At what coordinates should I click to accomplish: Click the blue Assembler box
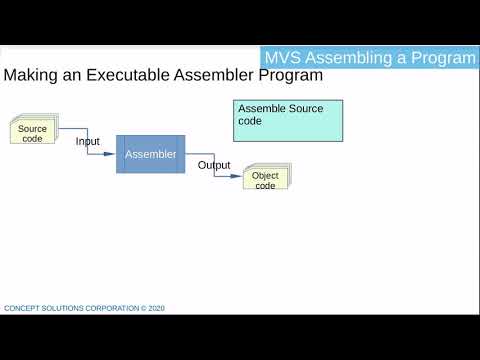coord(150,154)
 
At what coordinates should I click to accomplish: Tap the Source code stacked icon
coord(32,133)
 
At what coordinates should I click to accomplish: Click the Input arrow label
coord(88,142)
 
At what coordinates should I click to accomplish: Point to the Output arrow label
coord(214,165)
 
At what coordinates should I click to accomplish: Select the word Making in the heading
coord(30,76)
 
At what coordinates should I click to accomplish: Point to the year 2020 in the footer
coord(156,309)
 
